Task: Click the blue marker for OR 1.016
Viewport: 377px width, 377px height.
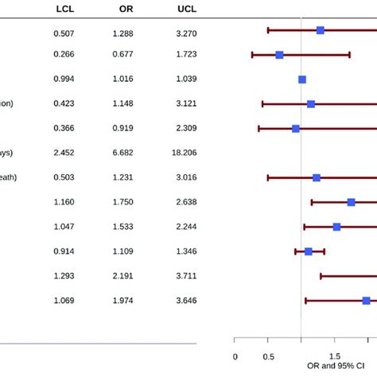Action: tap(302, 80)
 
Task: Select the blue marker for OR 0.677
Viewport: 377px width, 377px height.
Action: tap(279, 55)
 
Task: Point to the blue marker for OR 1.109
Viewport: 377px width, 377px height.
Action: tap(309, 251)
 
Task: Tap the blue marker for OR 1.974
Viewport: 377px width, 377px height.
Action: tap(367, 301)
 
